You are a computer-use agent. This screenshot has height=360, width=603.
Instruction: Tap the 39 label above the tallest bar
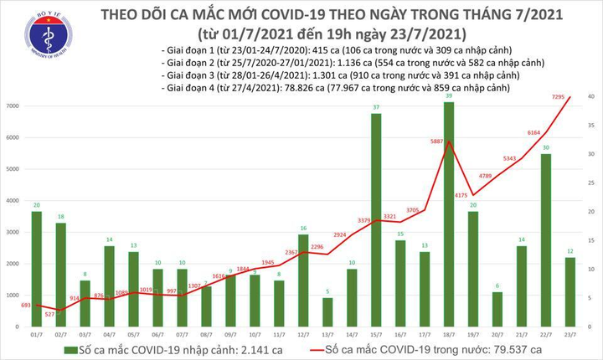(x=449, y=96)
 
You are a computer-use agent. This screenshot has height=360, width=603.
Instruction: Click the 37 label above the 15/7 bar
(x=376, y=107)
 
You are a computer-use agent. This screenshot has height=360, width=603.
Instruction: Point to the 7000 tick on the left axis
(x=14, y=106)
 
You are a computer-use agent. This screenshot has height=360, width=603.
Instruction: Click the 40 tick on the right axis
(x=591, y=97)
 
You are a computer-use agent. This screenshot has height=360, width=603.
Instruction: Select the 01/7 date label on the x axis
(x=37, y=335)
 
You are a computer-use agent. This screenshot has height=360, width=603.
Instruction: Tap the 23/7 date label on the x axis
(x=569, y=335)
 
